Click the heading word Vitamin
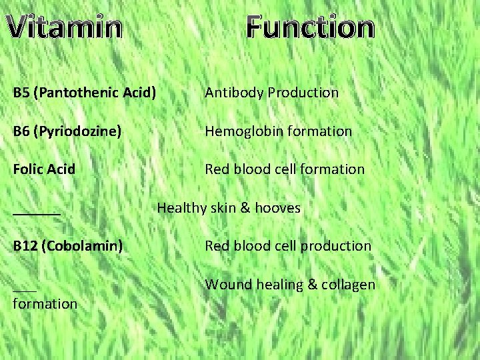(x=67, y=27)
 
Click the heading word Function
(x=310, y=27)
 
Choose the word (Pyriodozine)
(x=80, y=131)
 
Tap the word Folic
(x=29, y=169)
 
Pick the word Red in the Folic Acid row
(x=217, y=169)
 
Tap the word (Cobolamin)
(x=83, y=246)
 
